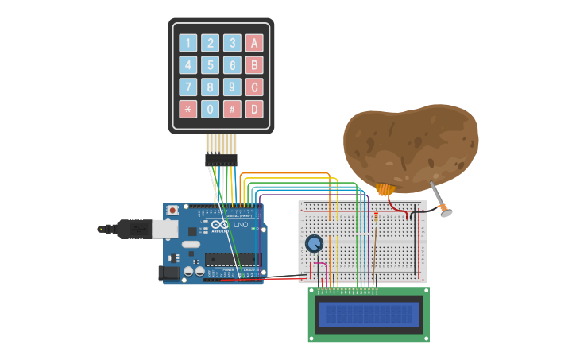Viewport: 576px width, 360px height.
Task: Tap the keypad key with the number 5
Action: click(210, 65)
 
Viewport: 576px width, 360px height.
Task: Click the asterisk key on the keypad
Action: click(188, 109)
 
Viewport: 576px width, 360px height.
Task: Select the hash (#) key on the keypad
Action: click(232, 109)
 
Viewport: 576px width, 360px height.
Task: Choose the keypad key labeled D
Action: click(254, 109)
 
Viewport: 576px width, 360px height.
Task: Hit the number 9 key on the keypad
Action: click(232, 87)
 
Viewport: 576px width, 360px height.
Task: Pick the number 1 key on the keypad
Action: click(188, 43)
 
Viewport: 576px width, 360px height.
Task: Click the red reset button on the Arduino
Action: click(172, 211)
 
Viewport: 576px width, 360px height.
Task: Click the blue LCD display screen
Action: click(369, 315)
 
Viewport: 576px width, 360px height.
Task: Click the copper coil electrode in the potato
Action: click(385, 190)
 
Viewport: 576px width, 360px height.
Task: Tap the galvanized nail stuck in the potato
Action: click(438, 199)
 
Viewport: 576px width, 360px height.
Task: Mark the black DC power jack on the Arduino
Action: click(168, 273)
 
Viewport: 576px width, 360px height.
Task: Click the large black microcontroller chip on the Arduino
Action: click(232, 258)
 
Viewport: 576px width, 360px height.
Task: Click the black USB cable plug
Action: click(127, 229)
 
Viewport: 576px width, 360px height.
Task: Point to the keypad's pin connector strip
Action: click(221, 160)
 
